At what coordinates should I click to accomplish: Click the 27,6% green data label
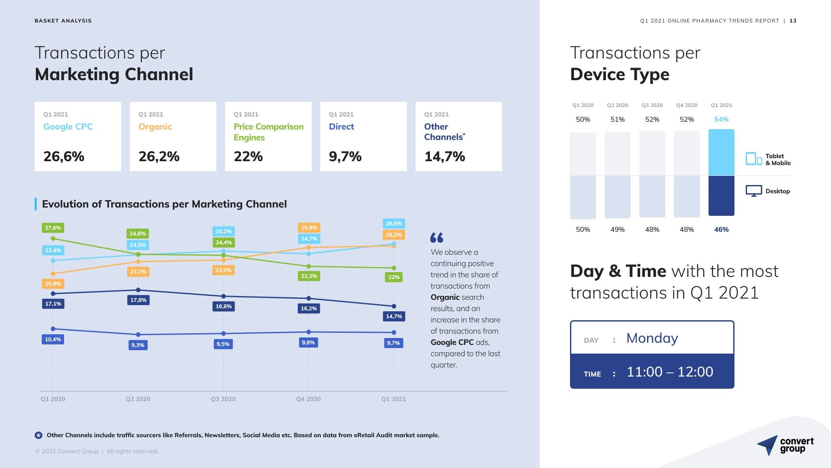tap(53, 228)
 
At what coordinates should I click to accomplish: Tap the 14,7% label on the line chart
tap(394, 316)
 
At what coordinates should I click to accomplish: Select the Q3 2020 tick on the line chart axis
tap(223, 399)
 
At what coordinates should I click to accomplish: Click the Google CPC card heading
tap(68, 127)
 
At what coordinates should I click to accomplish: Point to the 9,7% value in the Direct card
tap(345, 156)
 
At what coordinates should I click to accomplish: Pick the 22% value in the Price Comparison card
tap(248, 156)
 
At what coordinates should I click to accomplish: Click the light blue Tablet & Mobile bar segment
tap(721, 153)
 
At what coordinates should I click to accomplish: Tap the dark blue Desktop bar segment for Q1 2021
tap(721, 195)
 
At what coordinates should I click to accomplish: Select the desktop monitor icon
tap(754, 191)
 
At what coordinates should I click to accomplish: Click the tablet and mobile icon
tap(754, 159)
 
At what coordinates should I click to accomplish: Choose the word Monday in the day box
tap(652, 338)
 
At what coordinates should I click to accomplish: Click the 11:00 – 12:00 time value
tap(670, 372)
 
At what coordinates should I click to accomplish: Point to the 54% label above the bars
tap(721, 119)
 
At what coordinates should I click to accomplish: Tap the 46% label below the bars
tap(721, 229)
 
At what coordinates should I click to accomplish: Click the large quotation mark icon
tap(437, 237)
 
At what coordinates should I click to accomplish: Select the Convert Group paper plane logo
tap(767, 445)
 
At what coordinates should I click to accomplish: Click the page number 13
tap(793, 21)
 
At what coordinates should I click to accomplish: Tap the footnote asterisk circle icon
tap(39, 435)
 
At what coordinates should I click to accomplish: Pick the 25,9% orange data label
tap(309, 227)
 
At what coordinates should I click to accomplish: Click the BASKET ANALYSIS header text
tap(63, 21)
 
